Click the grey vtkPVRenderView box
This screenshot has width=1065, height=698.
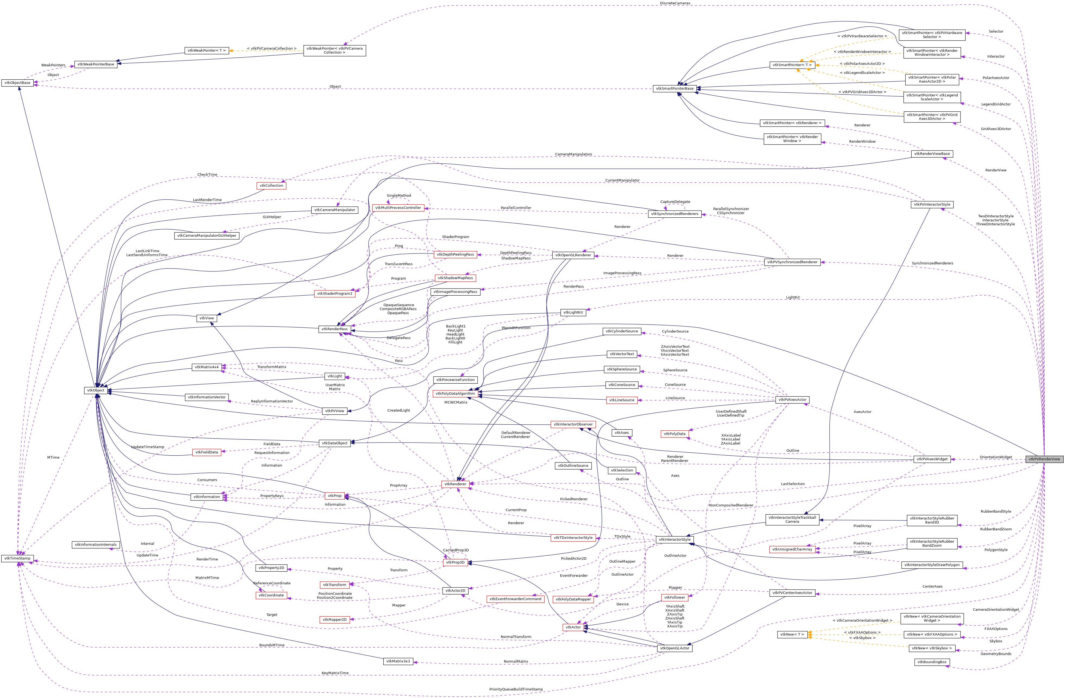tap(1044, 459)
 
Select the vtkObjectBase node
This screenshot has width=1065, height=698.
tap(17, 83)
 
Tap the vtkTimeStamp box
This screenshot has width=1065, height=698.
tap(17, 558)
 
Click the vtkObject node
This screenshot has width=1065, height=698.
tap(95, 390)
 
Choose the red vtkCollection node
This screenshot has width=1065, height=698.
tap(271, 185)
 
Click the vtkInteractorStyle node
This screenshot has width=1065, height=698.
tap(674, 540)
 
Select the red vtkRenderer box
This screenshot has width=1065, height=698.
tap(455, 484)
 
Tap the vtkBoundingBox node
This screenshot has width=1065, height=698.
tap(932, 662)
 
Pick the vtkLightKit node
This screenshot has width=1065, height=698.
tap(573, 312)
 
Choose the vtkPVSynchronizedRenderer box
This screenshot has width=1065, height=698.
tap(792, 262)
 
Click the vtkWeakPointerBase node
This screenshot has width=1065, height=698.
tap(96, 64)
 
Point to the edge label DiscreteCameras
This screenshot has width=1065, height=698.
tap(675, 3)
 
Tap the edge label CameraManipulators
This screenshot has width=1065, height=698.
tap(573, 155)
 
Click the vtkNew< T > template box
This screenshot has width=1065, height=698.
tap(792, 634)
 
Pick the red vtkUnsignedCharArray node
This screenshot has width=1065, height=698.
tap(792, 549)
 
